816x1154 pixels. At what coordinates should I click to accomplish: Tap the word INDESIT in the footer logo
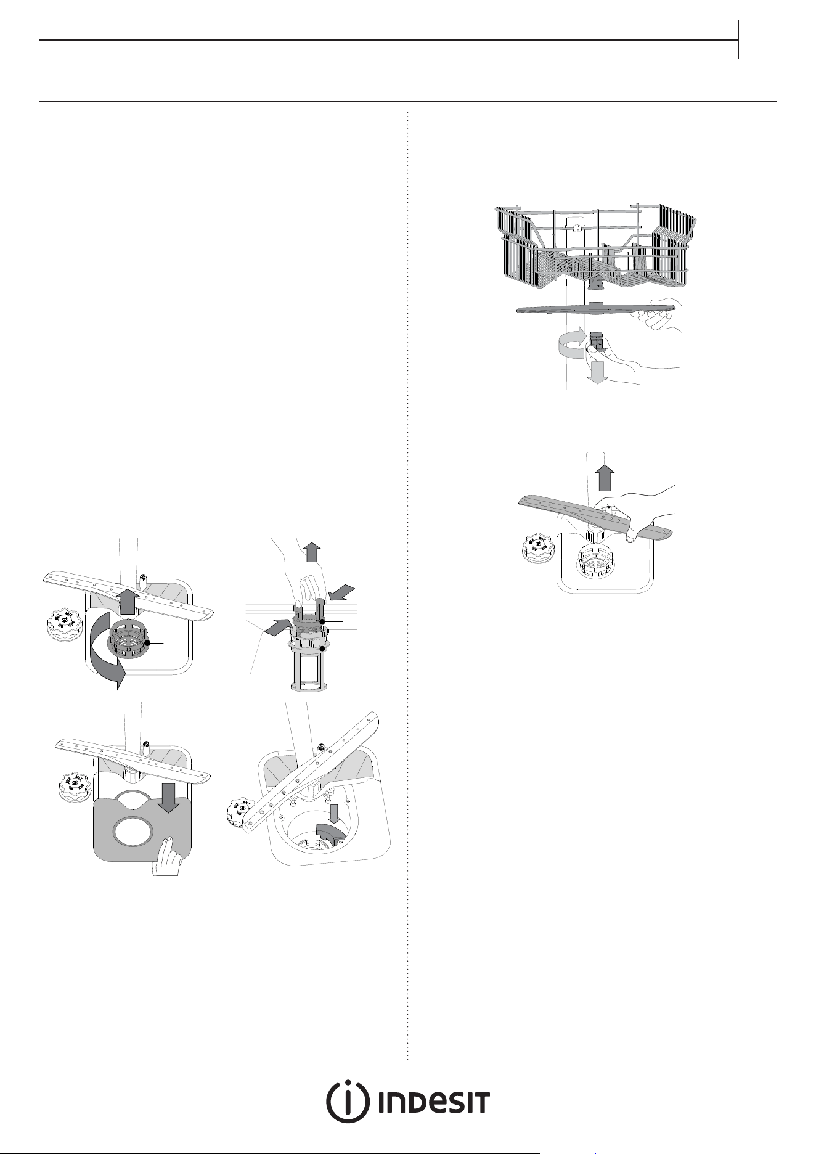(434, 1103)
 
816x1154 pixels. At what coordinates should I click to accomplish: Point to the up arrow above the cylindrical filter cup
(127, 601)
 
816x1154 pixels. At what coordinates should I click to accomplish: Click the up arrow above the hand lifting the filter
(312, 552)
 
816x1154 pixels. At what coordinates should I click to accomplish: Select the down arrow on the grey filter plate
(168, 798)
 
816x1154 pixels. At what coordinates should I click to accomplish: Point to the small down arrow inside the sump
(334, 812)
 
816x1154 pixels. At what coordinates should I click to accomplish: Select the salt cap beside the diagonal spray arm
(242, 812)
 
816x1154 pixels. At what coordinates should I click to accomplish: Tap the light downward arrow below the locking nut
(597, 372)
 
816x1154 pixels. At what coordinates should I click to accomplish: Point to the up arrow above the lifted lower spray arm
(606, 478)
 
